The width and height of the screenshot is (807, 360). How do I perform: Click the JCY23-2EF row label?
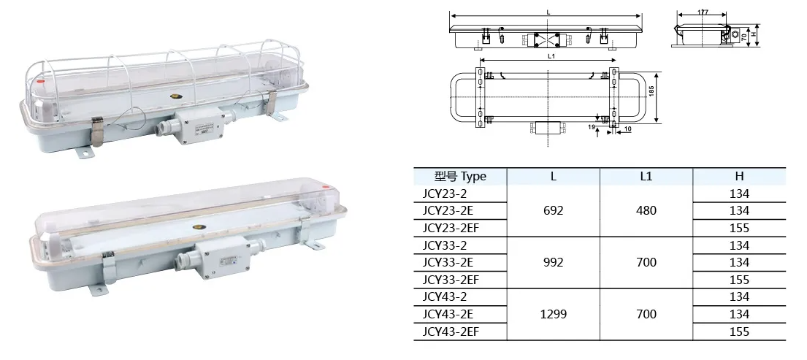coord(451,228)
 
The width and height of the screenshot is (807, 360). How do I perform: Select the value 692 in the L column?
coord(554,211)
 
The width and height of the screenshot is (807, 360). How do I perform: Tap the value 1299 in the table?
coord(554,314)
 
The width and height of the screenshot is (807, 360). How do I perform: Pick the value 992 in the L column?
coord(554,262)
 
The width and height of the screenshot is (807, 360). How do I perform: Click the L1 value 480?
coord(646,211)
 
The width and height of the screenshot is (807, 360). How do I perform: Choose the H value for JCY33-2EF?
coord(739,280)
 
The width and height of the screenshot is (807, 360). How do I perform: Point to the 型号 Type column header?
coord(460,177)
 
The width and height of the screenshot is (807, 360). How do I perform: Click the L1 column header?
coord(646,176)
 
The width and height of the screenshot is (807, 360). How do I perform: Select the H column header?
coord(739,176)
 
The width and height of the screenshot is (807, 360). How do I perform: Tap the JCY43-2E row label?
coord(448,314)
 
